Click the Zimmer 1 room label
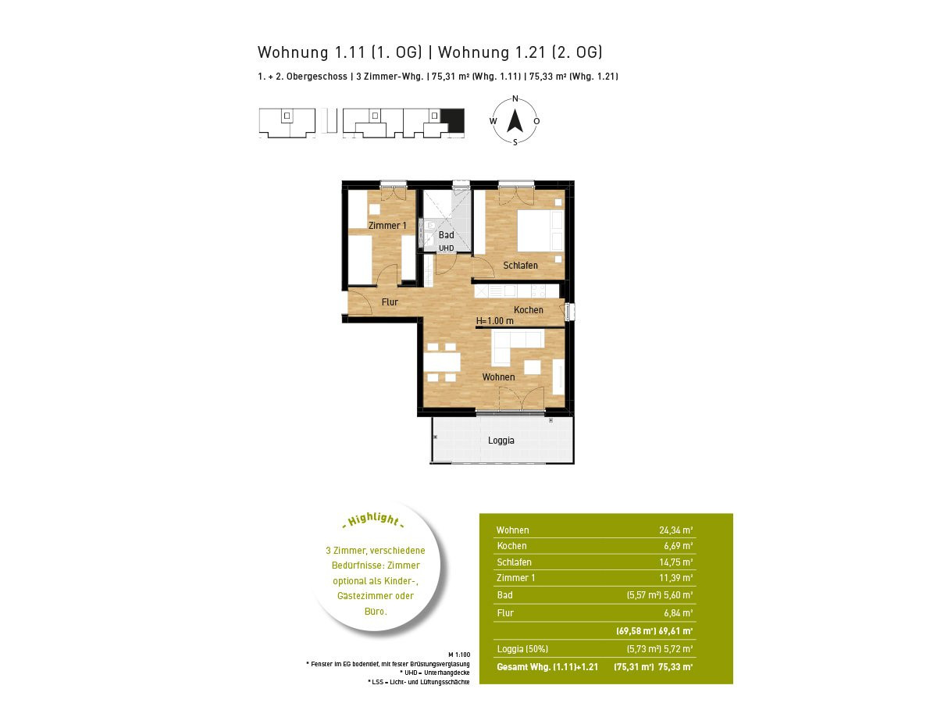point(387,226)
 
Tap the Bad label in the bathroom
point(446,235)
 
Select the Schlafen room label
point(520,265)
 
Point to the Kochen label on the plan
point(528,310)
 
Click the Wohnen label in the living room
point(498,377)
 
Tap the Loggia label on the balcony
point(501,440)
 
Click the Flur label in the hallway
point(390,302)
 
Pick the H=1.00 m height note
point(495,320)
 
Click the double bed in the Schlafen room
point(540,230)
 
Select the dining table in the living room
point(442,362)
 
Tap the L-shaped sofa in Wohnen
point(518,347)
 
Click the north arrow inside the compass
point(515,121)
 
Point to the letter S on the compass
point(515,142)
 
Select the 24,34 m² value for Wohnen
point(675,530)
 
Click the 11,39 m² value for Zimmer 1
point(675,578)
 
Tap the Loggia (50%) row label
point(522,649)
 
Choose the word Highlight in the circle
point(373,519)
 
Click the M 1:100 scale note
point(459,655)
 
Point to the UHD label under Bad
point(446,248)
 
